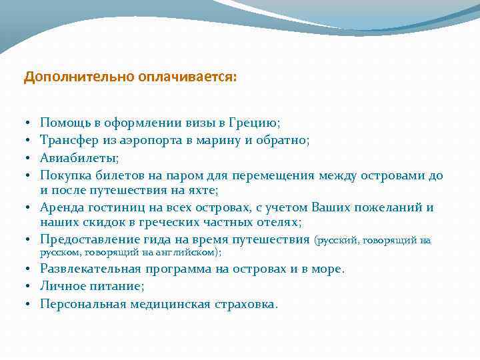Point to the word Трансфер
69,141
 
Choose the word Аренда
62,207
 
